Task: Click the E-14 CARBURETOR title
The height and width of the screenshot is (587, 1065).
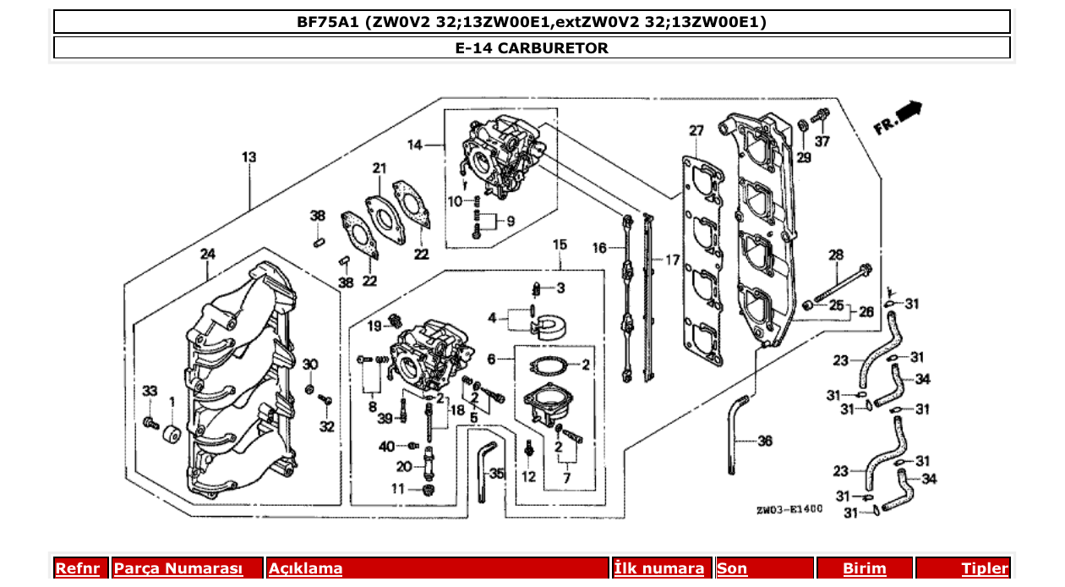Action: click(x=531, y=48)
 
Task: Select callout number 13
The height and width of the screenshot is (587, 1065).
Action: click(x=248, y=157)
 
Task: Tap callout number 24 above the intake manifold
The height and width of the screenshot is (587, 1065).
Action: click(x=207, y=254)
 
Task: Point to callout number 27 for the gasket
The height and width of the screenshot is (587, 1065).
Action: click(x=696, y=131)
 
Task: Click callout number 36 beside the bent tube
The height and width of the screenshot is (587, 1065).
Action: click(x=764, y=441)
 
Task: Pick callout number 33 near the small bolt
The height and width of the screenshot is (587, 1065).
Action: click(x=150, y=391)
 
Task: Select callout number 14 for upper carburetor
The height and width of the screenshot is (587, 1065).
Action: click(x=414, y=145)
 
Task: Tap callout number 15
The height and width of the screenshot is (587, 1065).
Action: click(x=560, y=244)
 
